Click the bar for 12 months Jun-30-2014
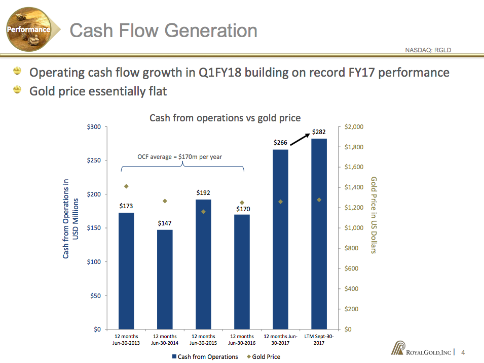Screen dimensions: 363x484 (x=165, y=279)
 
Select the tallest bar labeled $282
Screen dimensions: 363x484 (x=319, y=234)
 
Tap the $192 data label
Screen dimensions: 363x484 (x=203, y=193)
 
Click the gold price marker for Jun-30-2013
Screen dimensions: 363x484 (x=126, y=186)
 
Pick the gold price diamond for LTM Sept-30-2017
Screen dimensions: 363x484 (x=319, y=200)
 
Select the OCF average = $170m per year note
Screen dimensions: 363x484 (x=180, y=157)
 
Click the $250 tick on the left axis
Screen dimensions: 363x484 (x=95, y=160)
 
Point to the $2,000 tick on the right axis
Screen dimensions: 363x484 (x=353, y=127)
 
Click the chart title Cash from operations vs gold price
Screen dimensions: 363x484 (x=225, y=118)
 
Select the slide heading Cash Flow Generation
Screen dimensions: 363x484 (x=163, y=30)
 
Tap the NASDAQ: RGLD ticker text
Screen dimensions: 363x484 (x=428, y=50)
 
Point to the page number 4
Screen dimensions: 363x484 (x=463, y=352)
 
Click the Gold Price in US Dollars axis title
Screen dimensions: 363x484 (x=374, y=215)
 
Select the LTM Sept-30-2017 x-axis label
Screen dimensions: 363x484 (x=319, y=340)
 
